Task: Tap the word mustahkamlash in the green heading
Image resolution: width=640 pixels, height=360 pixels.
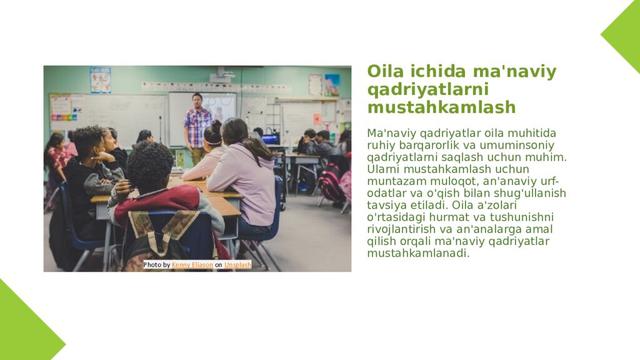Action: [x=441, y=107]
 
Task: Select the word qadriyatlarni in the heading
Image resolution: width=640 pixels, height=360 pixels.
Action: [x=428, y=90]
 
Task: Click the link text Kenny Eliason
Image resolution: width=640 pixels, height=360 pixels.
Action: [x=192, y=265]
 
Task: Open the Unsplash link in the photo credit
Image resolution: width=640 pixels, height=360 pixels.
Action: [x=237, y=265]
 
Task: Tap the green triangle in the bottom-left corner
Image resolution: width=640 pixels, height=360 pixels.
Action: [x=22, y=328]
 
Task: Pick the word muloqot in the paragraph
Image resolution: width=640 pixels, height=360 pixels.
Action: [x=449, y=181]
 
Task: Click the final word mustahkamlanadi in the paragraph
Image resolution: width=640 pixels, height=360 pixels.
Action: [x=417, y=253]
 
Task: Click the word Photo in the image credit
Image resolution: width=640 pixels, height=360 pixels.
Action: [x=152, y=265]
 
